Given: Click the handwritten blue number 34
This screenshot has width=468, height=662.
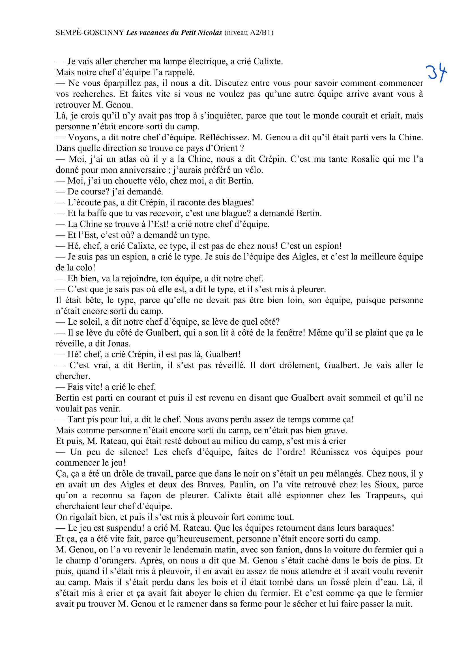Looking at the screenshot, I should coord(437,73).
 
